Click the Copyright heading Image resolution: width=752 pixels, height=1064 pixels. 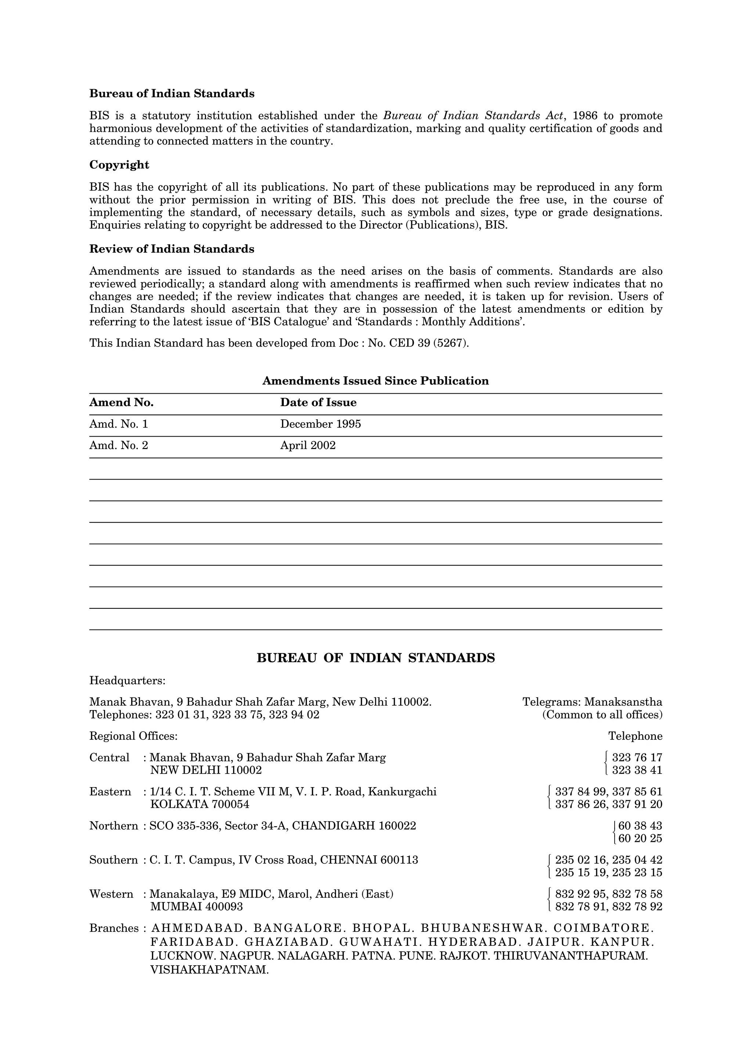(119, 165)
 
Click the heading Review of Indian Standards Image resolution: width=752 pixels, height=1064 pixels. (171, 249)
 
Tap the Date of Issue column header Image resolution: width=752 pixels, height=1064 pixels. (318, 402)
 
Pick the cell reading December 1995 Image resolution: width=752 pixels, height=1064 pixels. (320, 424)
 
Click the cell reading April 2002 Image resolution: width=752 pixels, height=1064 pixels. (308, 445)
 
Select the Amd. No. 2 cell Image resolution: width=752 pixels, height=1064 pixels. (119, 445)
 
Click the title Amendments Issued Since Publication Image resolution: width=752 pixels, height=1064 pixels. (375, 381)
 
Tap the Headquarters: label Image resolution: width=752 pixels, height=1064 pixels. (127, 681)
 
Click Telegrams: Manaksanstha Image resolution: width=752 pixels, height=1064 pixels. (592, 702)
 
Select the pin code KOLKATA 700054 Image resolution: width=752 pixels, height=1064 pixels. (200, 804)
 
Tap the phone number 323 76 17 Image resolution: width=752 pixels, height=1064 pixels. (637, 758)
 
